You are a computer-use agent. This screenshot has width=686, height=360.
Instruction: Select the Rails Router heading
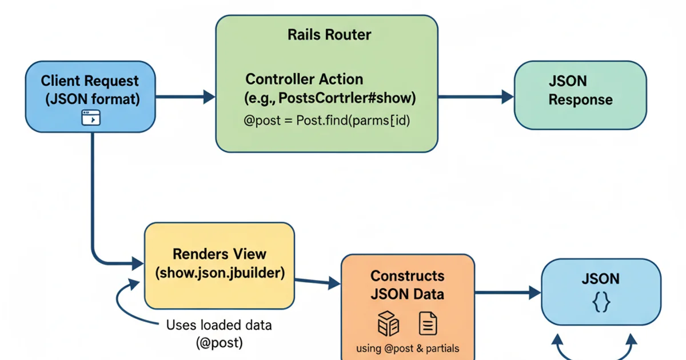[329, 34]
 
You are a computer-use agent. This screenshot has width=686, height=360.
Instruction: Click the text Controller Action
[304, 79]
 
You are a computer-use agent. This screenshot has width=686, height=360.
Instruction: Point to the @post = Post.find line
[327, 121]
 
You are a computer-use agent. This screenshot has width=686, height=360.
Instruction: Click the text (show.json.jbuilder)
[220, 273]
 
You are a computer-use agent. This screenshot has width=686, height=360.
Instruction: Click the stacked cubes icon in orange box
[388, 323]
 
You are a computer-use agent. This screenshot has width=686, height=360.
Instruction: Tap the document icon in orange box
[428, 323]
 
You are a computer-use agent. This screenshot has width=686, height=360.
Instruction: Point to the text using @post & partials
[408, 348]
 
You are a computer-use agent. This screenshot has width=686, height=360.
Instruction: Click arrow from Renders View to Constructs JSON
[318, 281]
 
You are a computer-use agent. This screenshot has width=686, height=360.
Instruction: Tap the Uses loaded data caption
[219, 325]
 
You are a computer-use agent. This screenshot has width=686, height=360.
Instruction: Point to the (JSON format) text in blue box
[92, 99]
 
